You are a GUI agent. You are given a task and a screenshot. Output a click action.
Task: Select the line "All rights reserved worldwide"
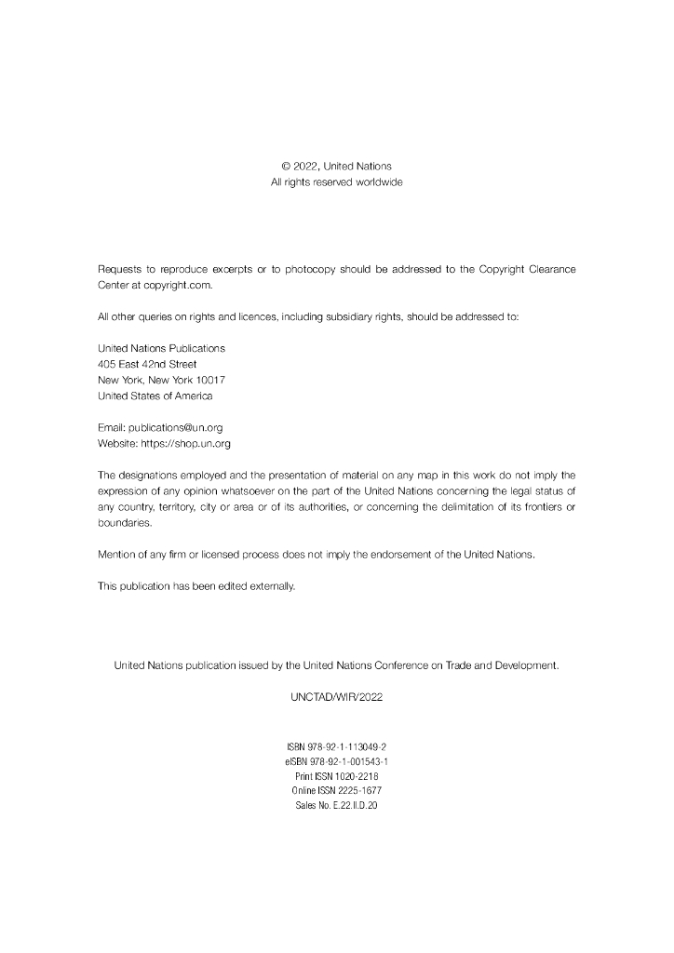point(336,182)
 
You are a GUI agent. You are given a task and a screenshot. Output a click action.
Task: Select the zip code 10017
point(209,380)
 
